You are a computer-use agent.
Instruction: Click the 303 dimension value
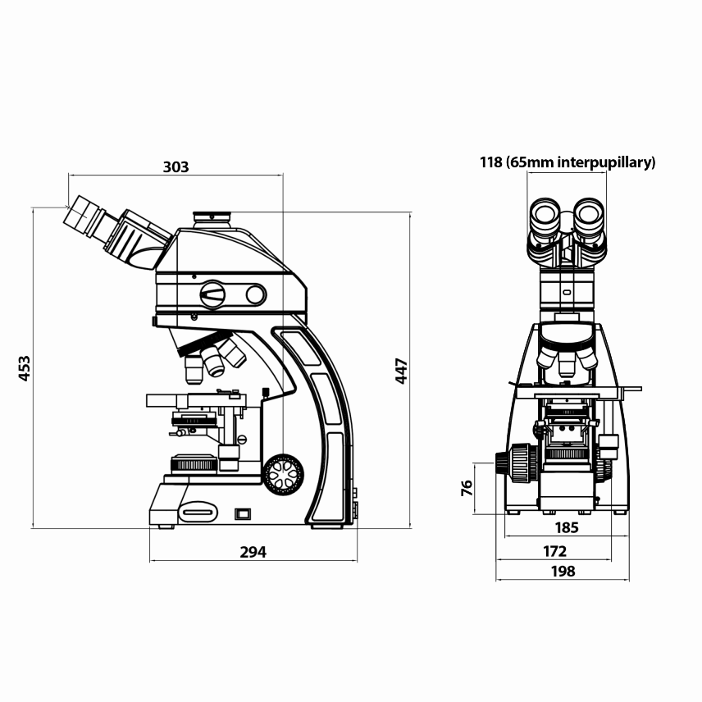click(x=175, y=166)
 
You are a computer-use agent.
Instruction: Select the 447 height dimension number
click(x=401, y=371)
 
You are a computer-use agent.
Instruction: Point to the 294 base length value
click(x=253, y=552)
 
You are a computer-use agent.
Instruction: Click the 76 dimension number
click(x=467, y=489)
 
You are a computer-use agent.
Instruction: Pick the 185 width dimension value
click(x=567, y=527)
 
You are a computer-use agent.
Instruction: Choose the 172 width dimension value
click(x=555, y=550)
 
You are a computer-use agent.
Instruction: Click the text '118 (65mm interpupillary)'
click(x=568, y=162)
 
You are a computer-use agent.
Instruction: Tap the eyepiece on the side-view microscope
click(x=84, y=214)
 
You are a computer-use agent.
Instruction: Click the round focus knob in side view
click(x=283, y=475)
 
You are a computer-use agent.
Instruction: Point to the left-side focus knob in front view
click(x=516, y=465)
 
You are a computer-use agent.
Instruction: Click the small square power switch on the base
click(x=242, y=514)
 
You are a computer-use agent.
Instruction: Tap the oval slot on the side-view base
click(x=199, y=513)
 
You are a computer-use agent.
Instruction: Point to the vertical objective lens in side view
click(x=194, y=371)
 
